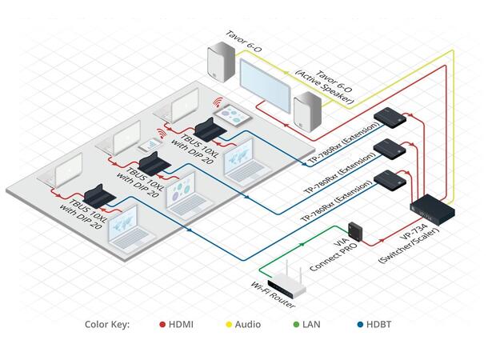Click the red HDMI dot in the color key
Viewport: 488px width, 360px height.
pos(162,324)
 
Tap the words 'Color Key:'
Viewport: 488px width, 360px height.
pos(107,324)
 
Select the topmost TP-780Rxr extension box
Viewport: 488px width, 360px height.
pos(398,116)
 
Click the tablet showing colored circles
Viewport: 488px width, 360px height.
pos(233,113)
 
